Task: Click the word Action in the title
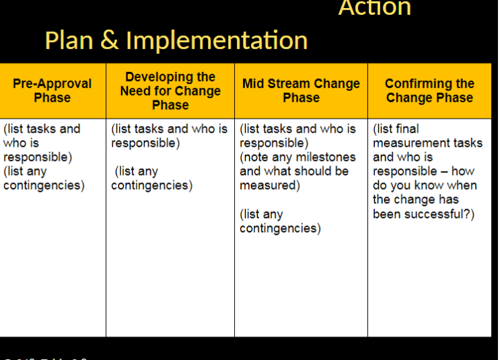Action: (x=374, y=8)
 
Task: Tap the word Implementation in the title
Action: (x=216, y=40)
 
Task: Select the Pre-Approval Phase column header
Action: (x=52, y=91)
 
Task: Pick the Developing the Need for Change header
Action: (x=170, y=91)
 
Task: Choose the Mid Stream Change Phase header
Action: (x=301, y=91)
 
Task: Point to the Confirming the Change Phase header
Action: (x=429, y=91)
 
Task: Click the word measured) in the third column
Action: (x=270, y=186)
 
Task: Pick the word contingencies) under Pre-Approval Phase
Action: (x=44, y=186)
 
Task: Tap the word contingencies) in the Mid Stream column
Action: (x=280, y=229)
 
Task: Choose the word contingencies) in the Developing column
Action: (x=151, y=186)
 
